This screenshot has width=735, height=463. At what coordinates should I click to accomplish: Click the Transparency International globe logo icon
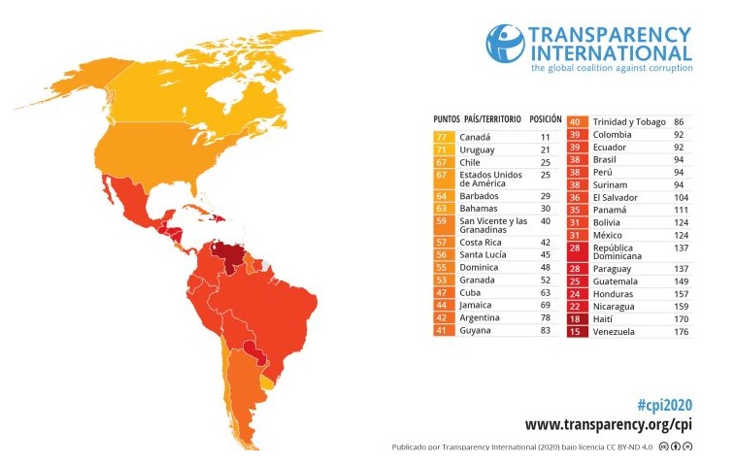click(x=505, y=44)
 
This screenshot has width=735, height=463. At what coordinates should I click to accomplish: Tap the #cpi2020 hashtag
click(x=664, y=405)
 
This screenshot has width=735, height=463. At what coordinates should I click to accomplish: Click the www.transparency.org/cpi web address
click(x=608, y=424)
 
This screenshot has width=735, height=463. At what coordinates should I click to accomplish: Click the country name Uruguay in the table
click(x=477, y=150)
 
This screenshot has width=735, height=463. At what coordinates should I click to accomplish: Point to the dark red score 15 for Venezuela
click(x=575, y=331)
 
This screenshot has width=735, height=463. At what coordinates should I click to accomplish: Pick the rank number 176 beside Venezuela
click(x=680, y=331)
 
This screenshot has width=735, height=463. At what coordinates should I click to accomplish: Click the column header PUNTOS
click(x=447, y=119)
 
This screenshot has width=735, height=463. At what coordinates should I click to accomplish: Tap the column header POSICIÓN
click(x=545, y=119)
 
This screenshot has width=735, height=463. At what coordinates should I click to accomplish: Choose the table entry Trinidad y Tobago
click(x=628, y=122)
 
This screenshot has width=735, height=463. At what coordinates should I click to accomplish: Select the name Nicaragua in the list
click(x=616, y=305)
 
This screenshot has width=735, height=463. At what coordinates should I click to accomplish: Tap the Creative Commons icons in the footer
click(x=675, y=446)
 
